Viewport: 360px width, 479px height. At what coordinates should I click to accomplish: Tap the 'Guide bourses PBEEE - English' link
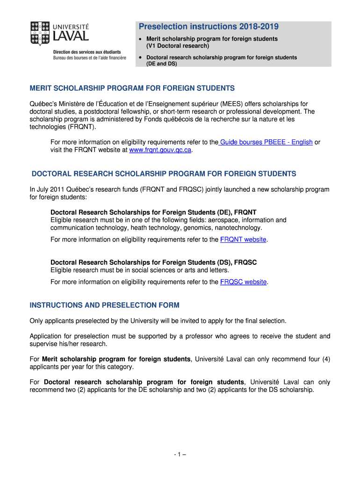point(266,142)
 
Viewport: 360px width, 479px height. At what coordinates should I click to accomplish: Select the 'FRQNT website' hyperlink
point(243,239)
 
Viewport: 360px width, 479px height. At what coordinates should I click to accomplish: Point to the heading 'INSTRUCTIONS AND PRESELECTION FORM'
point(105,305)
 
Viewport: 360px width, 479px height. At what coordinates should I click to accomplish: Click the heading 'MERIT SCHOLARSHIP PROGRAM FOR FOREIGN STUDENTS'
point(132,88)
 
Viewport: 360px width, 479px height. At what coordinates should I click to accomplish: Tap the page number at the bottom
point(180,454)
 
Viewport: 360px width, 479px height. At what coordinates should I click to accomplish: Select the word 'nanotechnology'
point(238,228)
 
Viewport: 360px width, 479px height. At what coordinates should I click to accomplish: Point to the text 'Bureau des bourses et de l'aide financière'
point(90,58)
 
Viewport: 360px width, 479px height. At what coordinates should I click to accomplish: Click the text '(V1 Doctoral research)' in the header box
point(177,46)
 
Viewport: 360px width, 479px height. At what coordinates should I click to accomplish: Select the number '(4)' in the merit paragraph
point(325,359)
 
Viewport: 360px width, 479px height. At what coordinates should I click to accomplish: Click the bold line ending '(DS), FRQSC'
point(153,262)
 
